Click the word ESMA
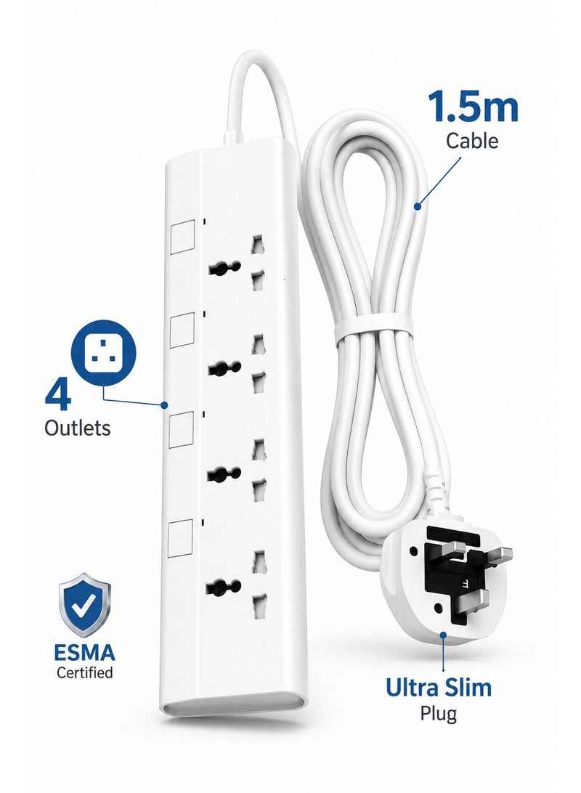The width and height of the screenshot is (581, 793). (84, 652)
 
